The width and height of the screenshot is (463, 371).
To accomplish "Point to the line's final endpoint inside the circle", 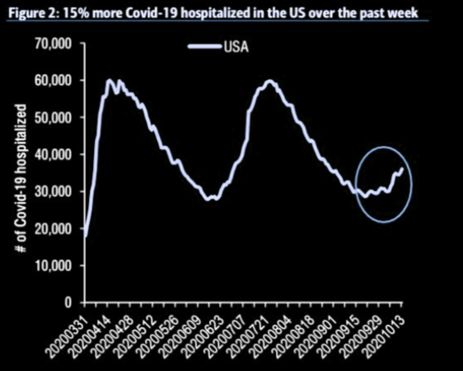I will (402, 168).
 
